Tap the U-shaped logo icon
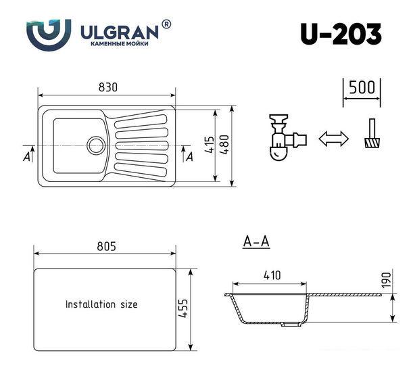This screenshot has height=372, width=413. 49,32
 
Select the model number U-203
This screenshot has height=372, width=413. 341,33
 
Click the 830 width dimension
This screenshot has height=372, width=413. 107,87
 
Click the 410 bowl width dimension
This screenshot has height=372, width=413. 272,275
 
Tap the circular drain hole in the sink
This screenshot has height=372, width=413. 95,144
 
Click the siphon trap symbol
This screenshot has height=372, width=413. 283,138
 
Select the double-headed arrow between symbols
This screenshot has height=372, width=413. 333,139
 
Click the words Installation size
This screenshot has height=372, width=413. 101,304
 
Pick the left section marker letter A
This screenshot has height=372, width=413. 26,157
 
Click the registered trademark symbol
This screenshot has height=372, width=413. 167,24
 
